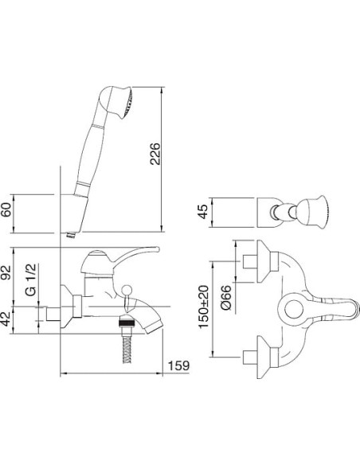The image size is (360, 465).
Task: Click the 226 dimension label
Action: [x=155, y=154]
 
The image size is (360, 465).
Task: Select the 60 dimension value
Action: [x=6, y=209]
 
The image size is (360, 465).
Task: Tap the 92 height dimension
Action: [x=6, y=272]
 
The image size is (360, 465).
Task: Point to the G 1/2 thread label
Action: [x=31, y=279]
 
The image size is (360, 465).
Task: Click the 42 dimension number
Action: [x=6, y=318]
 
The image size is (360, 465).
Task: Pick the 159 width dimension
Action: [x=178, y=365]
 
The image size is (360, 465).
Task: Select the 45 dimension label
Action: [x=203, y=212]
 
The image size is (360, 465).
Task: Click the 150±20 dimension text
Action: [x=204, y=307]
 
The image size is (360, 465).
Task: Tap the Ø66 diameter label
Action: [x=226, y=298]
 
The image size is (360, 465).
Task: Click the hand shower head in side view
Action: [x=116, y=102]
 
